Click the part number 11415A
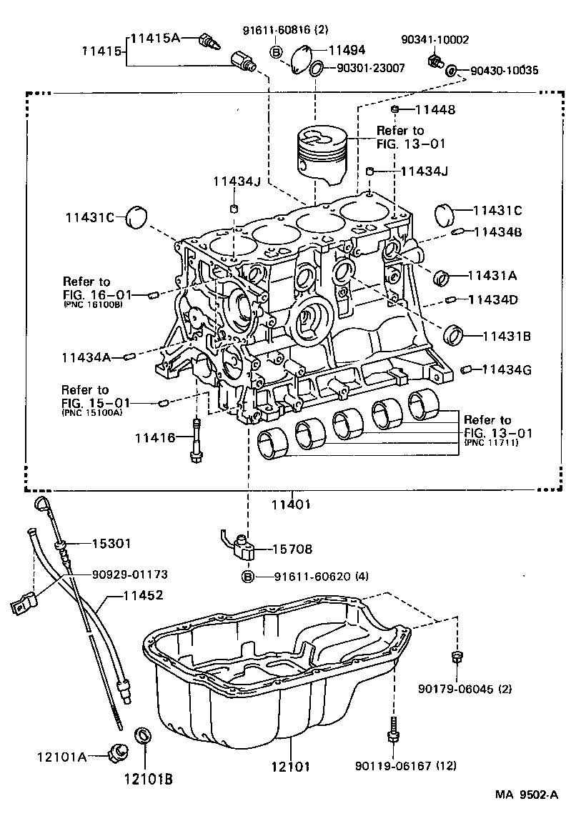click(156, 39)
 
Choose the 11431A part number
click(492, 274)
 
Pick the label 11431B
click(506, 335)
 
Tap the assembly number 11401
click(290, 504)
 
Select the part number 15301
click(111, 544)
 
